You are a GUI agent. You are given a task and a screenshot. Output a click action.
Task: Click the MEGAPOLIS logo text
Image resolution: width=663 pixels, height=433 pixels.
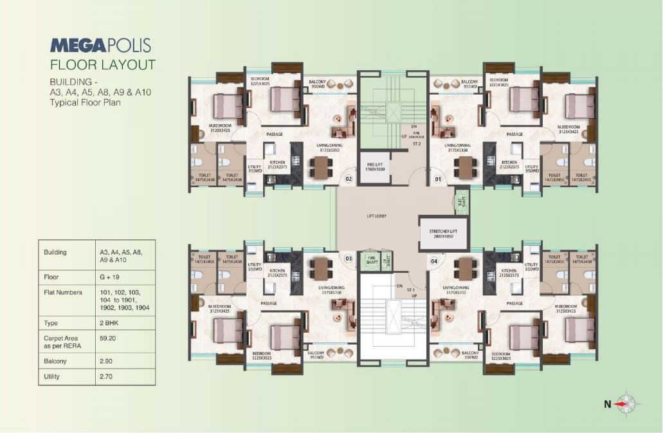click(100, 45)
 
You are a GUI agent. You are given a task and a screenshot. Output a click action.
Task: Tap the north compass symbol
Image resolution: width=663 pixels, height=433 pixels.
click(625, 404)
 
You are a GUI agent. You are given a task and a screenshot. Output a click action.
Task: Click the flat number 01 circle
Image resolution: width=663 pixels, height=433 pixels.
click(439, 178)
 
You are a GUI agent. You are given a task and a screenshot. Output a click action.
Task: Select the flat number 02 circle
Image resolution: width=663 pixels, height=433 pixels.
click(349, 178)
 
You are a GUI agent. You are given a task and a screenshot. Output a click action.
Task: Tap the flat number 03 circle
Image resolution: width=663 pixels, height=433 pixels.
click(349, 259)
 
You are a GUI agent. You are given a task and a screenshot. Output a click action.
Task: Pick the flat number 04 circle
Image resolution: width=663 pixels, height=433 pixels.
click(433, 261)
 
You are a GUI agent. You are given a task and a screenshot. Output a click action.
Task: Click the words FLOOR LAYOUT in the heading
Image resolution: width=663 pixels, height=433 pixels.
click(102, 64)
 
